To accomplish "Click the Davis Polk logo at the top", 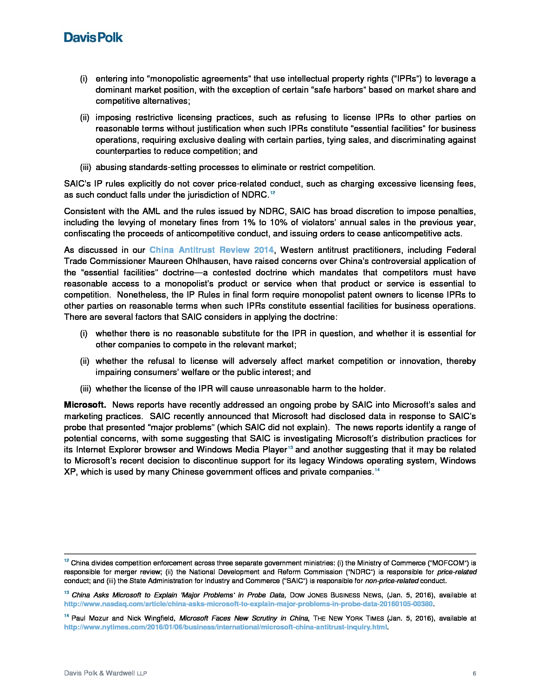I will [x=93, y=37].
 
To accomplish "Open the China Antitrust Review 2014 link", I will [x=211, y=250].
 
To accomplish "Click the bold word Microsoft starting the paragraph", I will [x=85, y=405].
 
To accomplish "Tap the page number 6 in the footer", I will [x=474, y=673].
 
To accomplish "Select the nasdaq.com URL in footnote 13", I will [x=248, y=604].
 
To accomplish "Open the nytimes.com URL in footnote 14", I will [x=225, y=627].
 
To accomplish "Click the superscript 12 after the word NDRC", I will [x=272, y=193].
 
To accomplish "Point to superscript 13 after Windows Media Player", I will [x=290, y=447].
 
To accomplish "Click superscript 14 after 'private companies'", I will [x=377, y=470].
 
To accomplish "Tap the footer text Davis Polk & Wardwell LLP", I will [x=105, y=673].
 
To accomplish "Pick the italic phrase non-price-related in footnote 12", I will [x=392, y=581].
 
